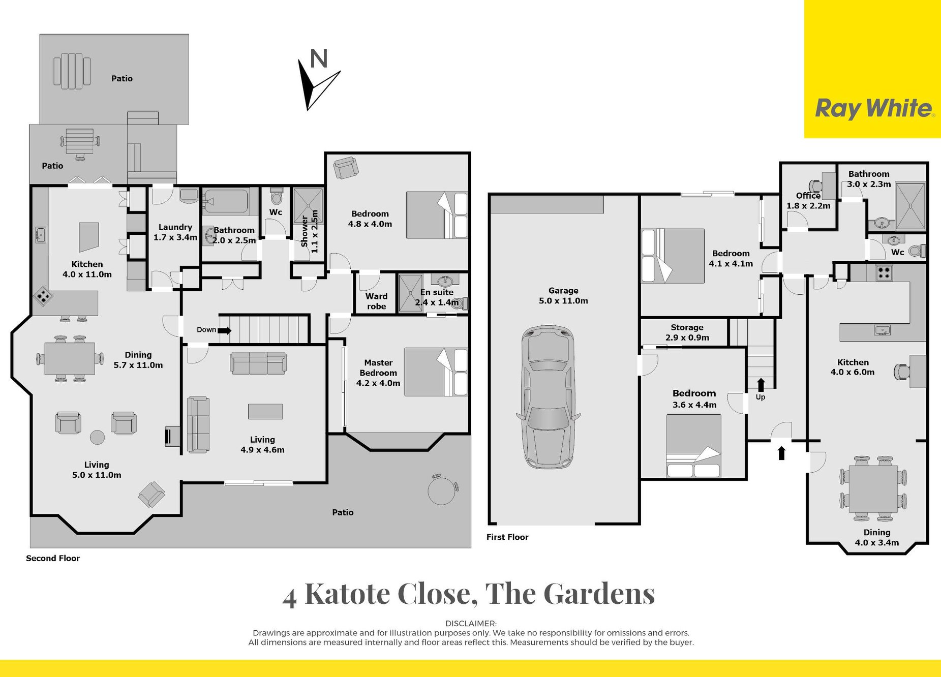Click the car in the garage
(x=549, y=397)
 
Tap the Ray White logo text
(x=874, y=108)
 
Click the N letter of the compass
(x=319, y=59)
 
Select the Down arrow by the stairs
(x=225, y=330)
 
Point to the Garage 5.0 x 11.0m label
(x=563, y=295)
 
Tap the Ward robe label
(x=376, y=301)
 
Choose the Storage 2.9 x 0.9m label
(x=687, y=332)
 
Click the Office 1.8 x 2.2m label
(x=808, y=200)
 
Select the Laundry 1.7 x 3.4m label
(x=175, y=232)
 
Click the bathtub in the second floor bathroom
(x=226, y=201)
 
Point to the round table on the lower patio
(x=442, y=489)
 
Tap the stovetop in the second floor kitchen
(x=44, y=297)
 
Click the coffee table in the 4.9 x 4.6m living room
(x=265, y=411)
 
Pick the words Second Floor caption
(x=53, y=558)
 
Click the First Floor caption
(x=507, y=537)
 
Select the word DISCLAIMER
(x=471, y=624)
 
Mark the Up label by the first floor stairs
(x=761, y=397)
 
